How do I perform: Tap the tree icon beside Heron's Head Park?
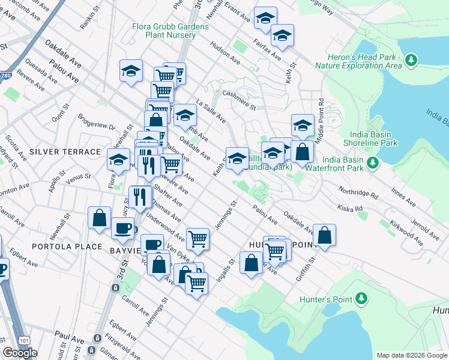[411, 60]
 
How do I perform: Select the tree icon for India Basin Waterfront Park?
[372, 163]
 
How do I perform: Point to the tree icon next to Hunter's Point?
[361, 298]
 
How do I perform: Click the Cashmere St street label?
[239, 95]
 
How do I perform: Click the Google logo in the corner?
[20, 353]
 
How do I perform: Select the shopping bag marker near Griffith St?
[324, 237]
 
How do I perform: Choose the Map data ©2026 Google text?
[411, 355]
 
